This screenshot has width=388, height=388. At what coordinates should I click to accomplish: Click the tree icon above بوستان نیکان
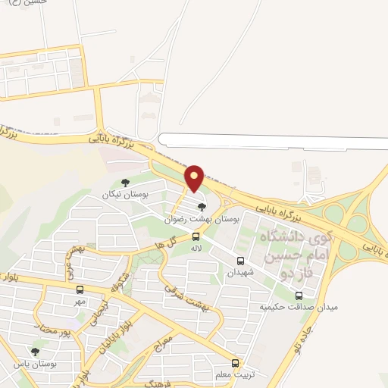[125, 183]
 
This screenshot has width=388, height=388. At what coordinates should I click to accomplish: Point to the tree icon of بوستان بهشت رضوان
[201, 206]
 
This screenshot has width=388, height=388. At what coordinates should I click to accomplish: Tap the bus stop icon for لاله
[196, 236]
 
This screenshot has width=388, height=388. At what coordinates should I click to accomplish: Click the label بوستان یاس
[35, 364]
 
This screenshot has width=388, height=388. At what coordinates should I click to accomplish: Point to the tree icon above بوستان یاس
[35, 352]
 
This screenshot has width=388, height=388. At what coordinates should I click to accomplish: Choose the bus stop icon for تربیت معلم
[236, 363]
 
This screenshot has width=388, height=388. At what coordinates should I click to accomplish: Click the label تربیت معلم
[236, 375]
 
